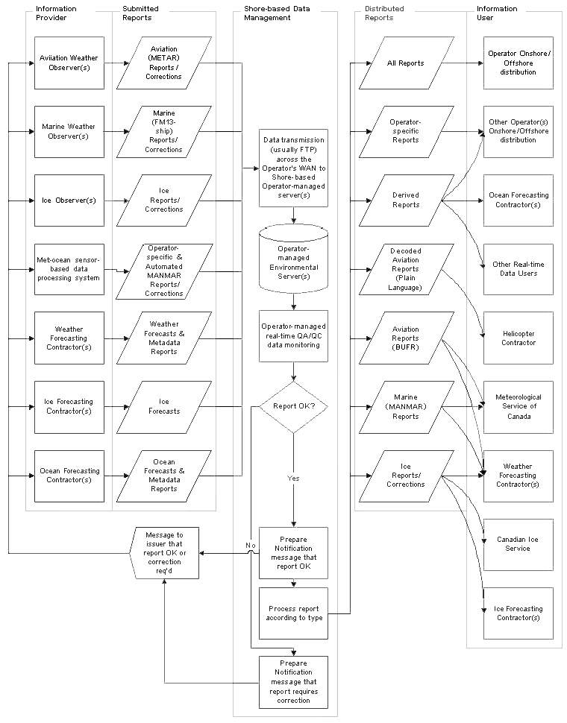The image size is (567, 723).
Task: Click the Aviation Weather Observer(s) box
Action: click(x=69, y=63)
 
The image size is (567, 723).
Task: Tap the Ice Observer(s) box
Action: click(x=69, y=201)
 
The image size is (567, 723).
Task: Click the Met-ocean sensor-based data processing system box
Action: click(x=69, y=269)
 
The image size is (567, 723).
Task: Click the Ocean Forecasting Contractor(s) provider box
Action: click(x=69, y=475)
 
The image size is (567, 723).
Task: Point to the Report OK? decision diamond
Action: click(x=293, y=407)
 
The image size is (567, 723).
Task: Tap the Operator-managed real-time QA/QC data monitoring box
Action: click(x=293, y=336)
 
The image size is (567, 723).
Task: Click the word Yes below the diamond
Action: click(x=293, y=478)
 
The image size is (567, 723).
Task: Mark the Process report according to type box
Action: click(x=293, y=613)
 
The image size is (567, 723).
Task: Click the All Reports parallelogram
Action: click(x=406, y=63)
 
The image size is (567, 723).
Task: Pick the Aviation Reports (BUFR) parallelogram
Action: click(x=406, y=338)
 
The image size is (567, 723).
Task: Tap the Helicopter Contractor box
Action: click(x=518, y=338)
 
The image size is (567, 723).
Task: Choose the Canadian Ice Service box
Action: click(x=518, y=544)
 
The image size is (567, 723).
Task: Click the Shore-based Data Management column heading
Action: click(x=268, y=13)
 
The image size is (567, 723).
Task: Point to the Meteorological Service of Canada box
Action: click(x=518, y=407)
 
